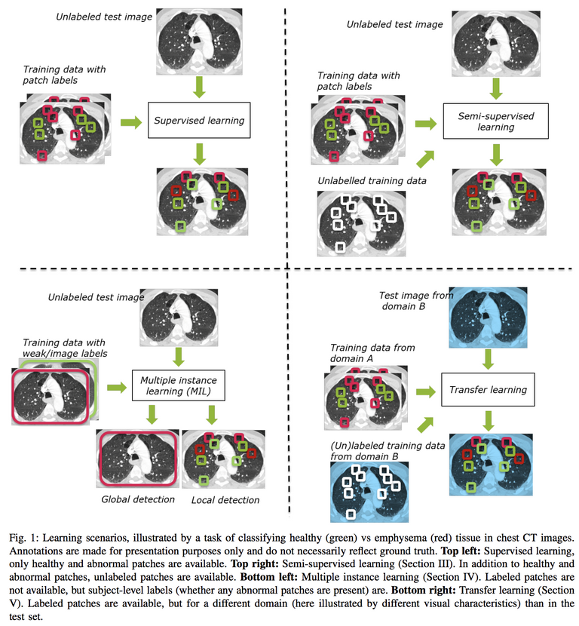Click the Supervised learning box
[199, 120]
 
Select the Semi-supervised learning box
[495, 121]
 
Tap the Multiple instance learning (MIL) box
[179, 385]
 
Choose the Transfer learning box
[488, 390]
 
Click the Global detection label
[138, 499]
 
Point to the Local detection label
[225, 500]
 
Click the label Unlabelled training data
[372, 181]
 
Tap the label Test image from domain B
[416, 301]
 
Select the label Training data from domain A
[372, 353]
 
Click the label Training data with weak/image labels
[65, 348]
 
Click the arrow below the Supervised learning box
[199, 154]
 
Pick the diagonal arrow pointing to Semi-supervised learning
[425, 159]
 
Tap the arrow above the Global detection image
[152, 414]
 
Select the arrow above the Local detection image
[212, 414]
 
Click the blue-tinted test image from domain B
[488, 318]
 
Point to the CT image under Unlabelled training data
[362, 223]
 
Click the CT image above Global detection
[138, 459]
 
